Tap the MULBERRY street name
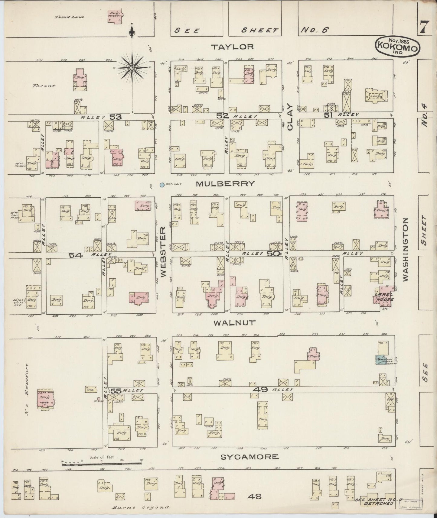[x=225, y=184]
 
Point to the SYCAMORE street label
[x=249, y=457]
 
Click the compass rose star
[x=132, y=68]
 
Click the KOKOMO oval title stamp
[x=397, y=46]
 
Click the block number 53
[x=115, y=117]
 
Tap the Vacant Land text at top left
[x=69, y=17]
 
